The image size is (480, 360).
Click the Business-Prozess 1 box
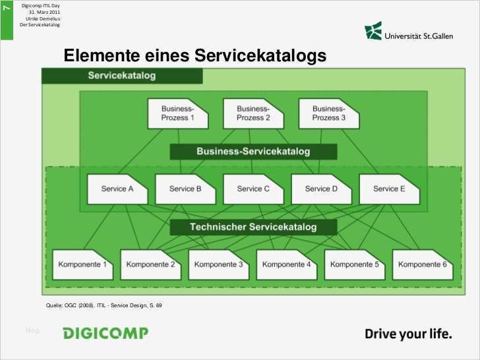177,113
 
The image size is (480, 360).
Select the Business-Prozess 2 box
253,113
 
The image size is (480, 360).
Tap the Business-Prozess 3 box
329,113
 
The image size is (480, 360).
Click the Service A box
117,189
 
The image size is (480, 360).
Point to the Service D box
321,189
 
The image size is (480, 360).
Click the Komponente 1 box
83,264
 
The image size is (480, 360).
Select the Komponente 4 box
287,264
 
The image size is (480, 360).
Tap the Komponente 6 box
423,264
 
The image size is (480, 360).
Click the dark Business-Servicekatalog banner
253,152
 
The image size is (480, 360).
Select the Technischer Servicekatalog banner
253,227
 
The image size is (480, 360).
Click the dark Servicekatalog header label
122,76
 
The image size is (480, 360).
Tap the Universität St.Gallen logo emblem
373,31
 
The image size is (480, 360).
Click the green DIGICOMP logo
105,333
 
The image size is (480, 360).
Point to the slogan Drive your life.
409,334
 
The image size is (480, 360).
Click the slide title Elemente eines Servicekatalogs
195,57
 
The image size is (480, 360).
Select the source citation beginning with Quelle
104,305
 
